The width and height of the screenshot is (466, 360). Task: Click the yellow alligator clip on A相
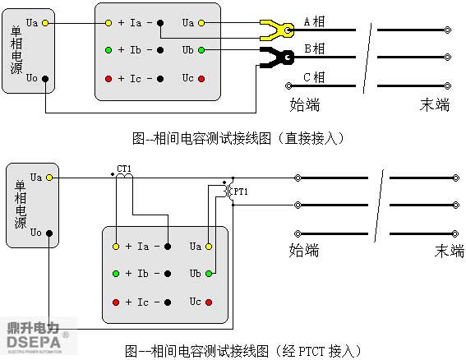click(277, 30)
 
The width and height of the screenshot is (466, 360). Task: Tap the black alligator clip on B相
click(277, 57)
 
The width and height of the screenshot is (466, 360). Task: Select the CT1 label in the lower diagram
click(124, 168)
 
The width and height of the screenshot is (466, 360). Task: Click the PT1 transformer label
click(241, 192)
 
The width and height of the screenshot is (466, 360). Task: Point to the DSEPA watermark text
click(34, 342)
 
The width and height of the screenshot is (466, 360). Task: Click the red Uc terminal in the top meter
click(201, 79)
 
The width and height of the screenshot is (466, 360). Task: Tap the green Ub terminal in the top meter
click(201, 50)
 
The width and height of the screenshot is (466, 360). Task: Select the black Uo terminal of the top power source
click(45, 79)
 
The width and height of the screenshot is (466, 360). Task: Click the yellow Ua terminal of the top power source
click(45, 23)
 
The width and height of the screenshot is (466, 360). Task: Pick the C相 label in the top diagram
click(314, 77)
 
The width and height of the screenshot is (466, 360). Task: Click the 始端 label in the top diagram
click(305, 104)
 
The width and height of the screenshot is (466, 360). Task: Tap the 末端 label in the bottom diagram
click(450, 251)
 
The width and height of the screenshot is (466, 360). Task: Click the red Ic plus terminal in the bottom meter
click(116, 302)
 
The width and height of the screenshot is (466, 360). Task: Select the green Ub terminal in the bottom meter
click(209, 274)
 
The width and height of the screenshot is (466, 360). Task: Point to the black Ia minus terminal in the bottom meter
click(168, 247)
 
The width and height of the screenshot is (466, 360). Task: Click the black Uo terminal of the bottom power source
click(49, 233)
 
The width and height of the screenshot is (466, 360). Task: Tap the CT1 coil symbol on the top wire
click(124, 176)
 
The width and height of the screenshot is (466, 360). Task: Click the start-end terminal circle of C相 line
click(288, 86)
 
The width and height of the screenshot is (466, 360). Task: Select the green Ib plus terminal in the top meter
click(108, 50)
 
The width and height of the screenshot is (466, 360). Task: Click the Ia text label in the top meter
click(136, 22)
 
